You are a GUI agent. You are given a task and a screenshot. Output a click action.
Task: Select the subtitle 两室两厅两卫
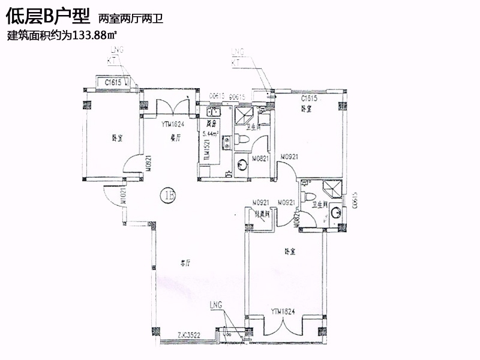[x=130, y=19]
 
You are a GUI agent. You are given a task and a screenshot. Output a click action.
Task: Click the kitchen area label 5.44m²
[x=210, y=134]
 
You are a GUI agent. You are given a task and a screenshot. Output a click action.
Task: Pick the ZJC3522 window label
[x=189, y=335]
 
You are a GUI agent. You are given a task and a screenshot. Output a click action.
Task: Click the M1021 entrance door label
[x=123, y=197]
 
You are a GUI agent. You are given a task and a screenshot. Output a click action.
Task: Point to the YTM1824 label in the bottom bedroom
[x=282, y=311]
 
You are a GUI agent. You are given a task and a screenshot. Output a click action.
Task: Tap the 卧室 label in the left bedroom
[x=118, y=139]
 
